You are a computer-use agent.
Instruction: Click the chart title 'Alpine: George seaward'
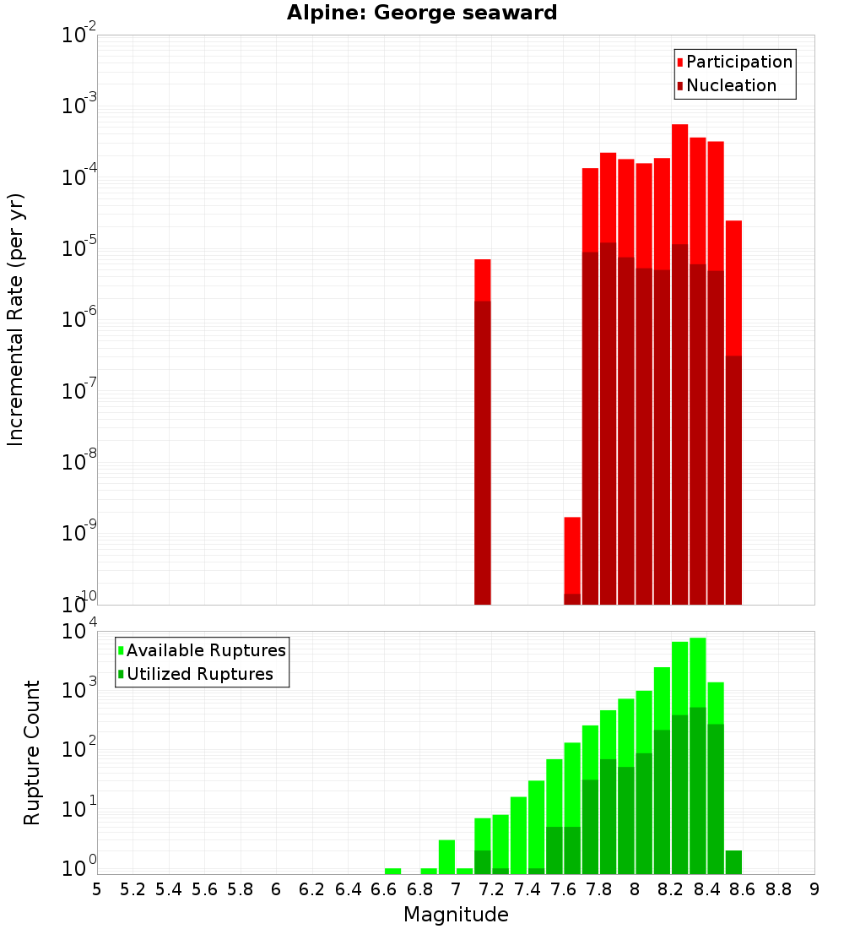422,13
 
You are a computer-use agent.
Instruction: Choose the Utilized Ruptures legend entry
199,674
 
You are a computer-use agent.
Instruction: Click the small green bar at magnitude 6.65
392,871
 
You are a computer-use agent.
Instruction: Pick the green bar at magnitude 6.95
446,857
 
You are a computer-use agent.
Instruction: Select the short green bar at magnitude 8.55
733,862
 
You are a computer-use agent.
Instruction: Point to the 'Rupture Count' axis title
32,752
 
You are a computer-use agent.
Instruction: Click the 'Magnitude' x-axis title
456,915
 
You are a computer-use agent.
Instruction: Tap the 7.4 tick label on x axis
527,889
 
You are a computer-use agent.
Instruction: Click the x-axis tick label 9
814,889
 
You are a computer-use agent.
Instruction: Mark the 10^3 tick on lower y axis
78,689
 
